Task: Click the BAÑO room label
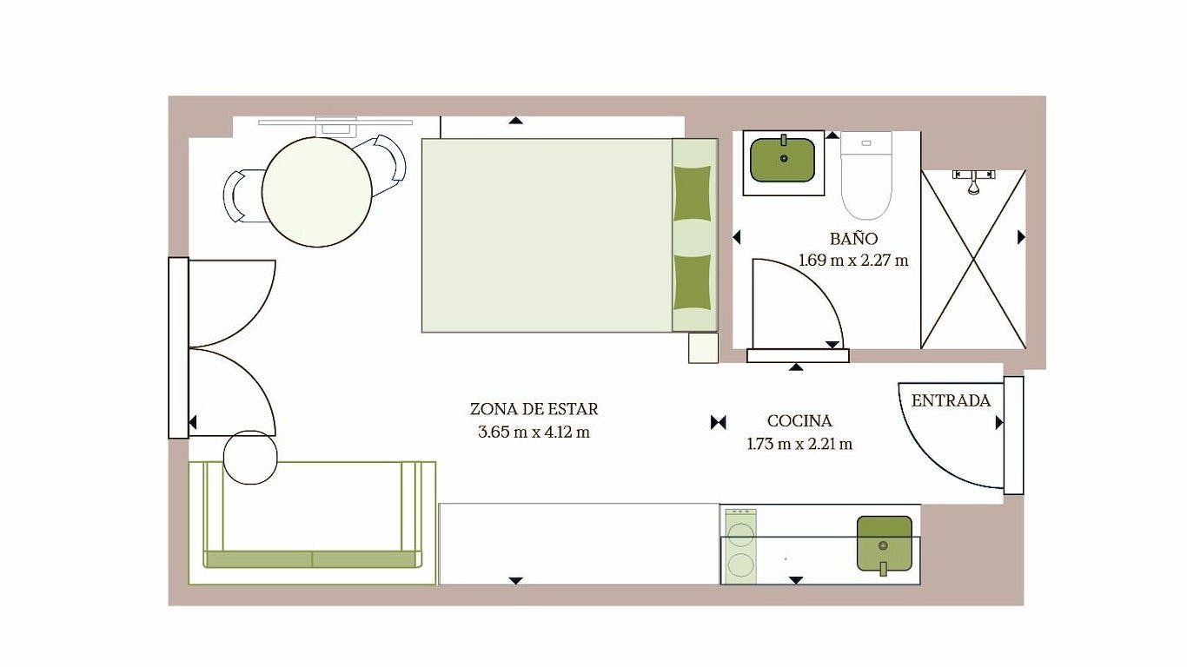(x=853, y=238)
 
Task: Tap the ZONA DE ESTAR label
(x=534, y=409)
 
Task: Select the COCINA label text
(x=799, y=421)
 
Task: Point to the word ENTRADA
(x=951, y=401)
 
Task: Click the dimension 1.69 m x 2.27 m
(x=853, y=261)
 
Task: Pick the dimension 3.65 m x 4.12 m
(x=534, y=433)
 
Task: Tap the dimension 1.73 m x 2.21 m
(x=799, y=444)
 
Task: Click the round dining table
(x=317, y=192)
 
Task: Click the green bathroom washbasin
(x=783, y=160)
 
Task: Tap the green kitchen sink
(x=885, y=545)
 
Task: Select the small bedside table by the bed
(x=703, y=347)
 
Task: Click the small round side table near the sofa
(x=250, y=457)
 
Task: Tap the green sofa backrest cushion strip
(x=312, y=559)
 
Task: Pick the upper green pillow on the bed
(x=692, y=193)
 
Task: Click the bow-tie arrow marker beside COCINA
(x=719, y=422)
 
